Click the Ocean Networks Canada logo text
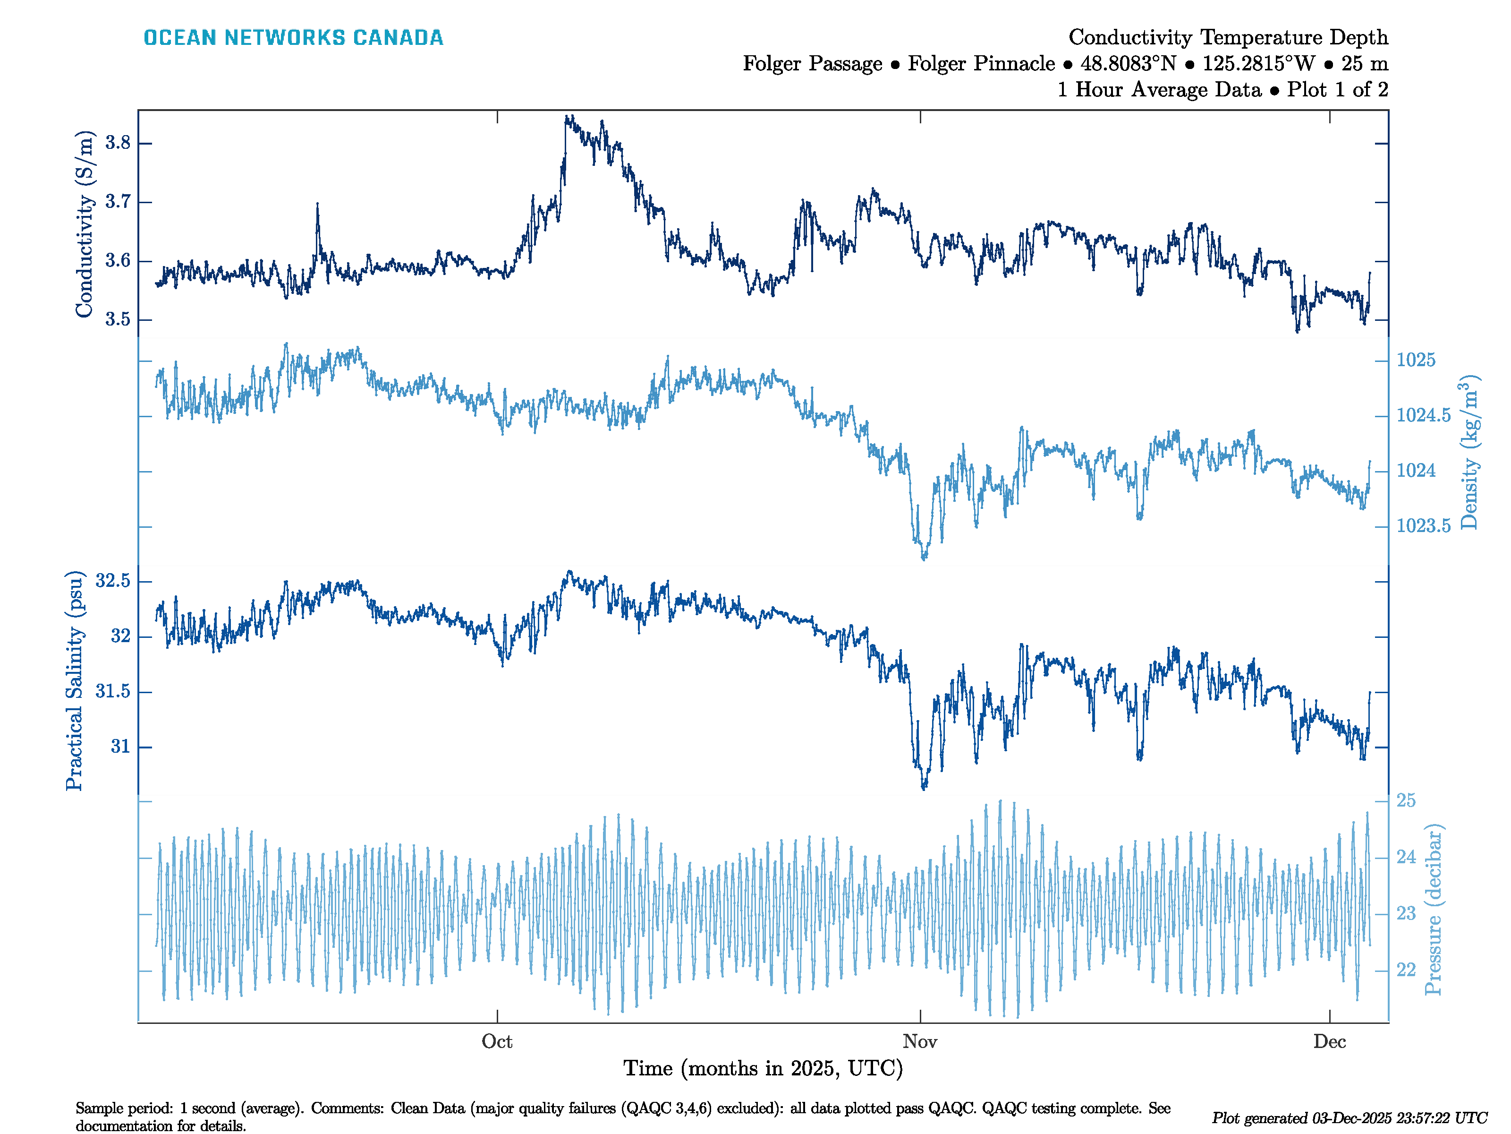(x=293, y=38)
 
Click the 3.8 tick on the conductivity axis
(x=118, y=143)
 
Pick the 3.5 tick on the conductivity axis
(x=118, y=319)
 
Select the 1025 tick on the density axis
(x=1415, y=360)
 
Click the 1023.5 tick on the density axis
(x=1423, y=525)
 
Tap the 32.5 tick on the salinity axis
(x=113, y=581)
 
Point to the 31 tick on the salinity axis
(x=120, y=747)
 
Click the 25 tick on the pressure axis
(x=1406, y=800)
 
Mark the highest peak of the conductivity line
(x=568, y=117)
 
